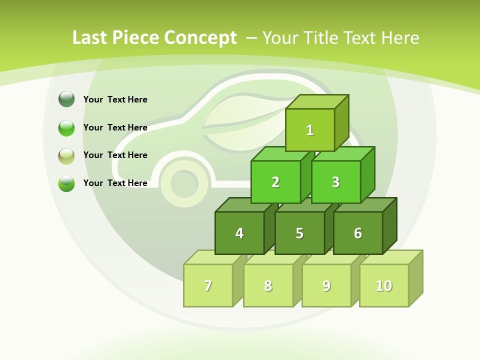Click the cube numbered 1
tap(310, 130)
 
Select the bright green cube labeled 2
tap(275, 182)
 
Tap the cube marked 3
tap(335, 182)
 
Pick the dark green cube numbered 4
tap(239, 233)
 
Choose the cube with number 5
tap(299, 233)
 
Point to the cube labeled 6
tap(358, 233)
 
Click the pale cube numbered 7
tap(208, 285)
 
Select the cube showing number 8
tap(268, 285)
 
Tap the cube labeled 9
tap(326, 285)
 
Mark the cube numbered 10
tap(384, 285)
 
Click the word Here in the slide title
tap(400, 38)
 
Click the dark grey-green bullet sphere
tap(66, 99)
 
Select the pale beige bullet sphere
tap(66, 155)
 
